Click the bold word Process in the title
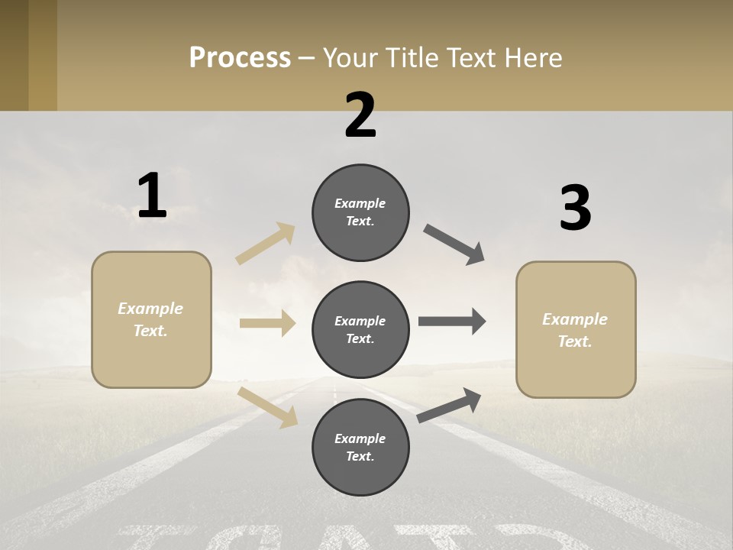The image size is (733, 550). point(240,58)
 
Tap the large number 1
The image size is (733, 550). point(152,196)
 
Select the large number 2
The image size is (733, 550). point(360,115)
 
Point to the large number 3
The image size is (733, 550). point(575,209)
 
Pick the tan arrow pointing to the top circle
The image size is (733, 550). point(266,244)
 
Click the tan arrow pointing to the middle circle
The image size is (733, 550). point(267,323)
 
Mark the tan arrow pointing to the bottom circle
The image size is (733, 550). point(267,406)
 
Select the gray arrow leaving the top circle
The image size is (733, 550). point(454,244)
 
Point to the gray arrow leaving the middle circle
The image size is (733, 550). point(452,322)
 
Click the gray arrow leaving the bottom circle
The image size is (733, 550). point(449,406)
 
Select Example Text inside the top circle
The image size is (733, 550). point(360,212)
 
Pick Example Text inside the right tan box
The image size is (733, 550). point(575,330)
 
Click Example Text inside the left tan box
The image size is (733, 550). point(150,319)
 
